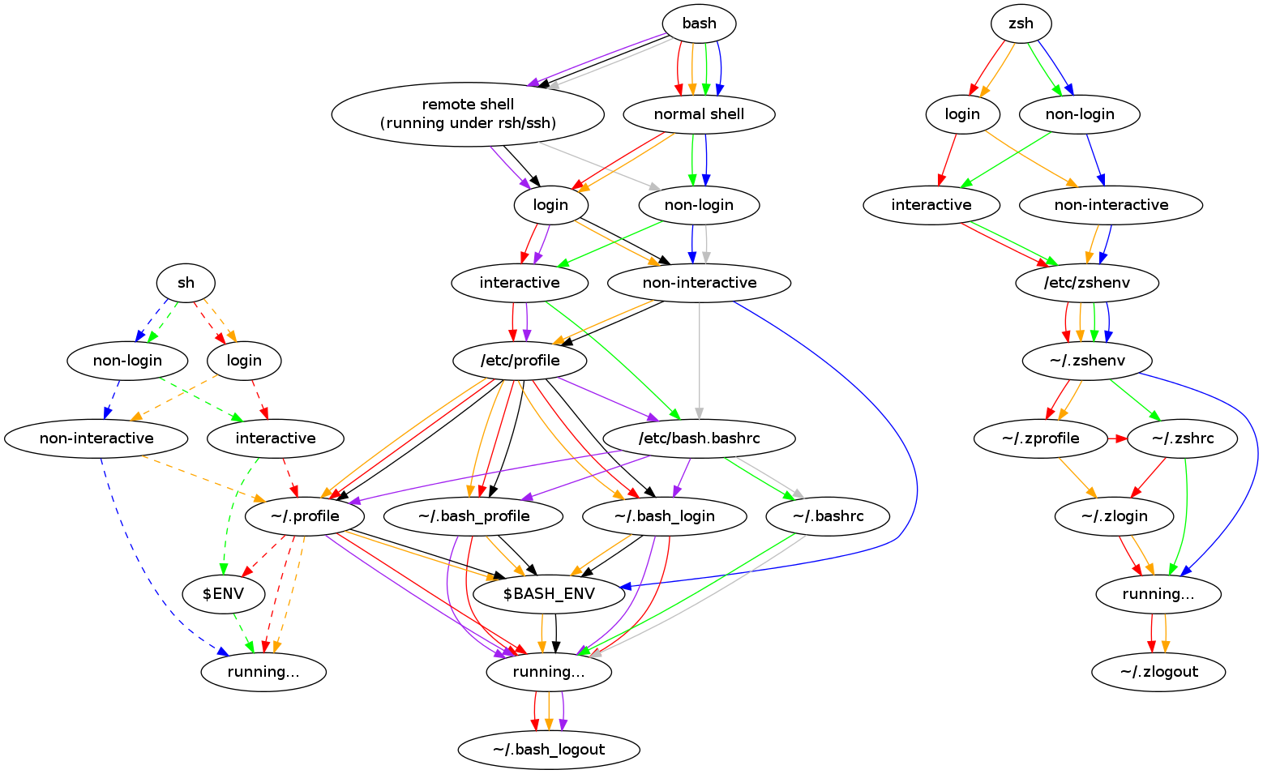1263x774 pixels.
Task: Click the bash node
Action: coord(699,24)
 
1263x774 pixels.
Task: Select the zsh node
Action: coord(1021,24)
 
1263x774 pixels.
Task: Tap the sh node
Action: coord(186,283)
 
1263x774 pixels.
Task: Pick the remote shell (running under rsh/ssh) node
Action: coord(468,113)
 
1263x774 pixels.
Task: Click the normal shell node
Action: coord(699,114)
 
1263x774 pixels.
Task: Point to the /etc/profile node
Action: coord(520,361)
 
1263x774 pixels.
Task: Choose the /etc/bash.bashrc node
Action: coord(699,438)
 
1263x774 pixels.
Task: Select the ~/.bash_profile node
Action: coord(473,516)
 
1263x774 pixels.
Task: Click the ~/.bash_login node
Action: coord(664,516)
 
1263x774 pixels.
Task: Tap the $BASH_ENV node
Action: coord(549,594)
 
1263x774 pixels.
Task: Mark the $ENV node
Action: coord(223,594)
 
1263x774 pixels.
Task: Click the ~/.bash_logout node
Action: coord(549,750)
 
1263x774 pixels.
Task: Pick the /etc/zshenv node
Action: coord(1087,283)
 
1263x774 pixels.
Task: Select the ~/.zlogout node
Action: coord(1158,672)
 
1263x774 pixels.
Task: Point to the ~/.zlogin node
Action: coord(1114,516)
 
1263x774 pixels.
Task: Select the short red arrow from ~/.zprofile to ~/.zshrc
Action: coord(1117,438)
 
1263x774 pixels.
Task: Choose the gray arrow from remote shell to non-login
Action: coord(600,165)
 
